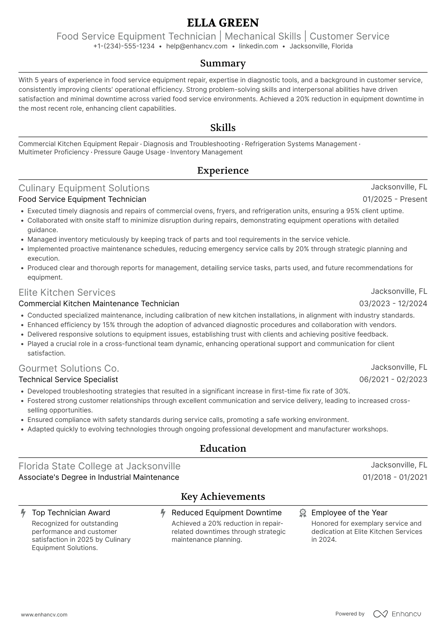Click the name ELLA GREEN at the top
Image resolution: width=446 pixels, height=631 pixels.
(x=223, y=23)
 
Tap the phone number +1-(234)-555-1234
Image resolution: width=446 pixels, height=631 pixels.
(x=124, y=46)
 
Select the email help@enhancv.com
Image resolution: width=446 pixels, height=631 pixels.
(x=197, y=46)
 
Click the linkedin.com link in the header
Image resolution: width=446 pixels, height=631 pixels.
(x=258, y=46)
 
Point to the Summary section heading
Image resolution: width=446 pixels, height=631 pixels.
(x=223, y=63)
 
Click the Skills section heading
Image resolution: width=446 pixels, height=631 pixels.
(x=223, y=128)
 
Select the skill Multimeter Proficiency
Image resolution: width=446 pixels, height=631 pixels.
(x=53, y=152)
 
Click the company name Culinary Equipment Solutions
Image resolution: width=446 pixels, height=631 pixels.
(x=84, y=188)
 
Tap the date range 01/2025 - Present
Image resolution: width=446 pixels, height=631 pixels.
(x=395, y=199)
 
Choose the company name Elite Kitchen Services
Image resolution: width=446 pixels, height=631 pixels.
(x=67, y=293)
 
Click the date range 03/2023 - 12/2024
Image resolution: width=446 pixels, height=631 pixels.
(x=393, y=304)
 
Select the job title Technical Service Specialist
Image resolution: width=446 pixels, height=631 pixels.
(x=68, y=380)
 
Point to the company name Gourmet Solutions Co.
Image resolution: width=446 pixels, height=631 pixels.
(x=69, y=368)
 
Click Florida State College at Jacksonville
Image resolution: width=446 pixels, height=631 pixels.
(x=99, y=466)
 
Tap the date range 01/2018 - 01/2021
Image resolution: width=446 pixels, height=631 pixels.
(x=395, y=477)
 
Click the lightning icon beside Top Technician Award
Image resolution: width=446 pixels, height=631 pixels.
(x=23, y=513)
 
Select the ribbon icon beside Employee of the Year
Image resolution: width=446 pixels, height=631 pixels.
(x=303, y=513)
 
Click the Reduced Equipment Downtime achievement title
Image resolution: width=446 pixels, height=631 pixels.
(x=226, y=513)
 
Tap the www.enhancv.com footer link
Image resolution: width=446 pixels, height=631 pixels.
(x=44, y=615)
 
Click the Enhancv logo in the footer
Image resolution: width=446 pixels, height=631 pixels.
(x=397, y=614)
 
